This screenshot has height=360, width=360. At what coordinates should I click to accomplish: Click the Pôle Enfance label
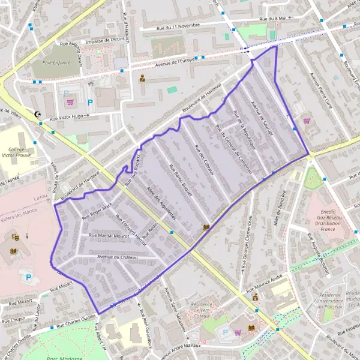[52, 62]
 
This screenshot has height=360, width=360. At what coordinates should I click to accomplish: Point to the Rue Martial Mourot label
[109, 236]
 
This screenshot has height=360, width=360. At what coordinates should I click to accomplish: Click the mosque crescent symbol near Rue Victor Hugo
[40, 114]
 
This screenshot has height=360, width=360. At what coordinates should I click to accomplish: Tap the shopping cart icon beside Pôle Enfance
[71, 103]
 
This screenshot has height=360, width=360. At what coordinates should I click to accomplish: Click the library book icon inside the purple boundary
[206, 227]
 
